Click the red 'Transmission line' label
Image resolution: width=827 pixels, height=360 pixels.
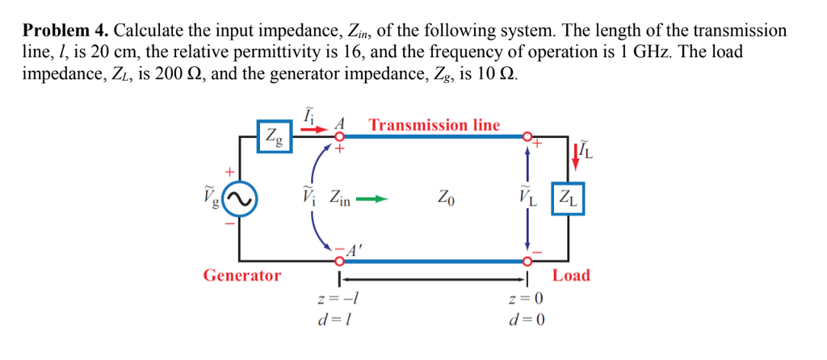coord(434,125)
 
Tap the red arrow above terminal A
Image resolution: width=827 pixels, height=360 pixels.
coord(319,128)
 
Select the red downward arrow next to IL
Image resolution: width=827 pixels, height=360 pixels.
coord(574,153)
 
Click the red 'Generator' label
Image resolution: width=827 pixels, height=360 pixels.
coord(242,275)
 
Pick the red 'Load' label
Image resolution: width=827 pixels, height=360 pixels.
coord(571,275)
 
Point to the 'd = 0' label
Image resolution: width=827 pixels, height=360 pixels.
coord(527,319)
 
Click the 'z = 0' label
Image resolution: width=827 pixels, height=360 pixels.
coord(527,299)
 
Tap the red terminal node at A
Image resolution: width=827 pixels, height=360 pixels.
coord(340,137)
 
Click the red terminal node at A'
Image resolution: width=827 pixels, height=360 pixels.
coord(340,261)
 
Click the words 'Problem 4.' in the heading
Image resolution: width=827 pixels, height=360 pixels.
coord(65,31)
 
